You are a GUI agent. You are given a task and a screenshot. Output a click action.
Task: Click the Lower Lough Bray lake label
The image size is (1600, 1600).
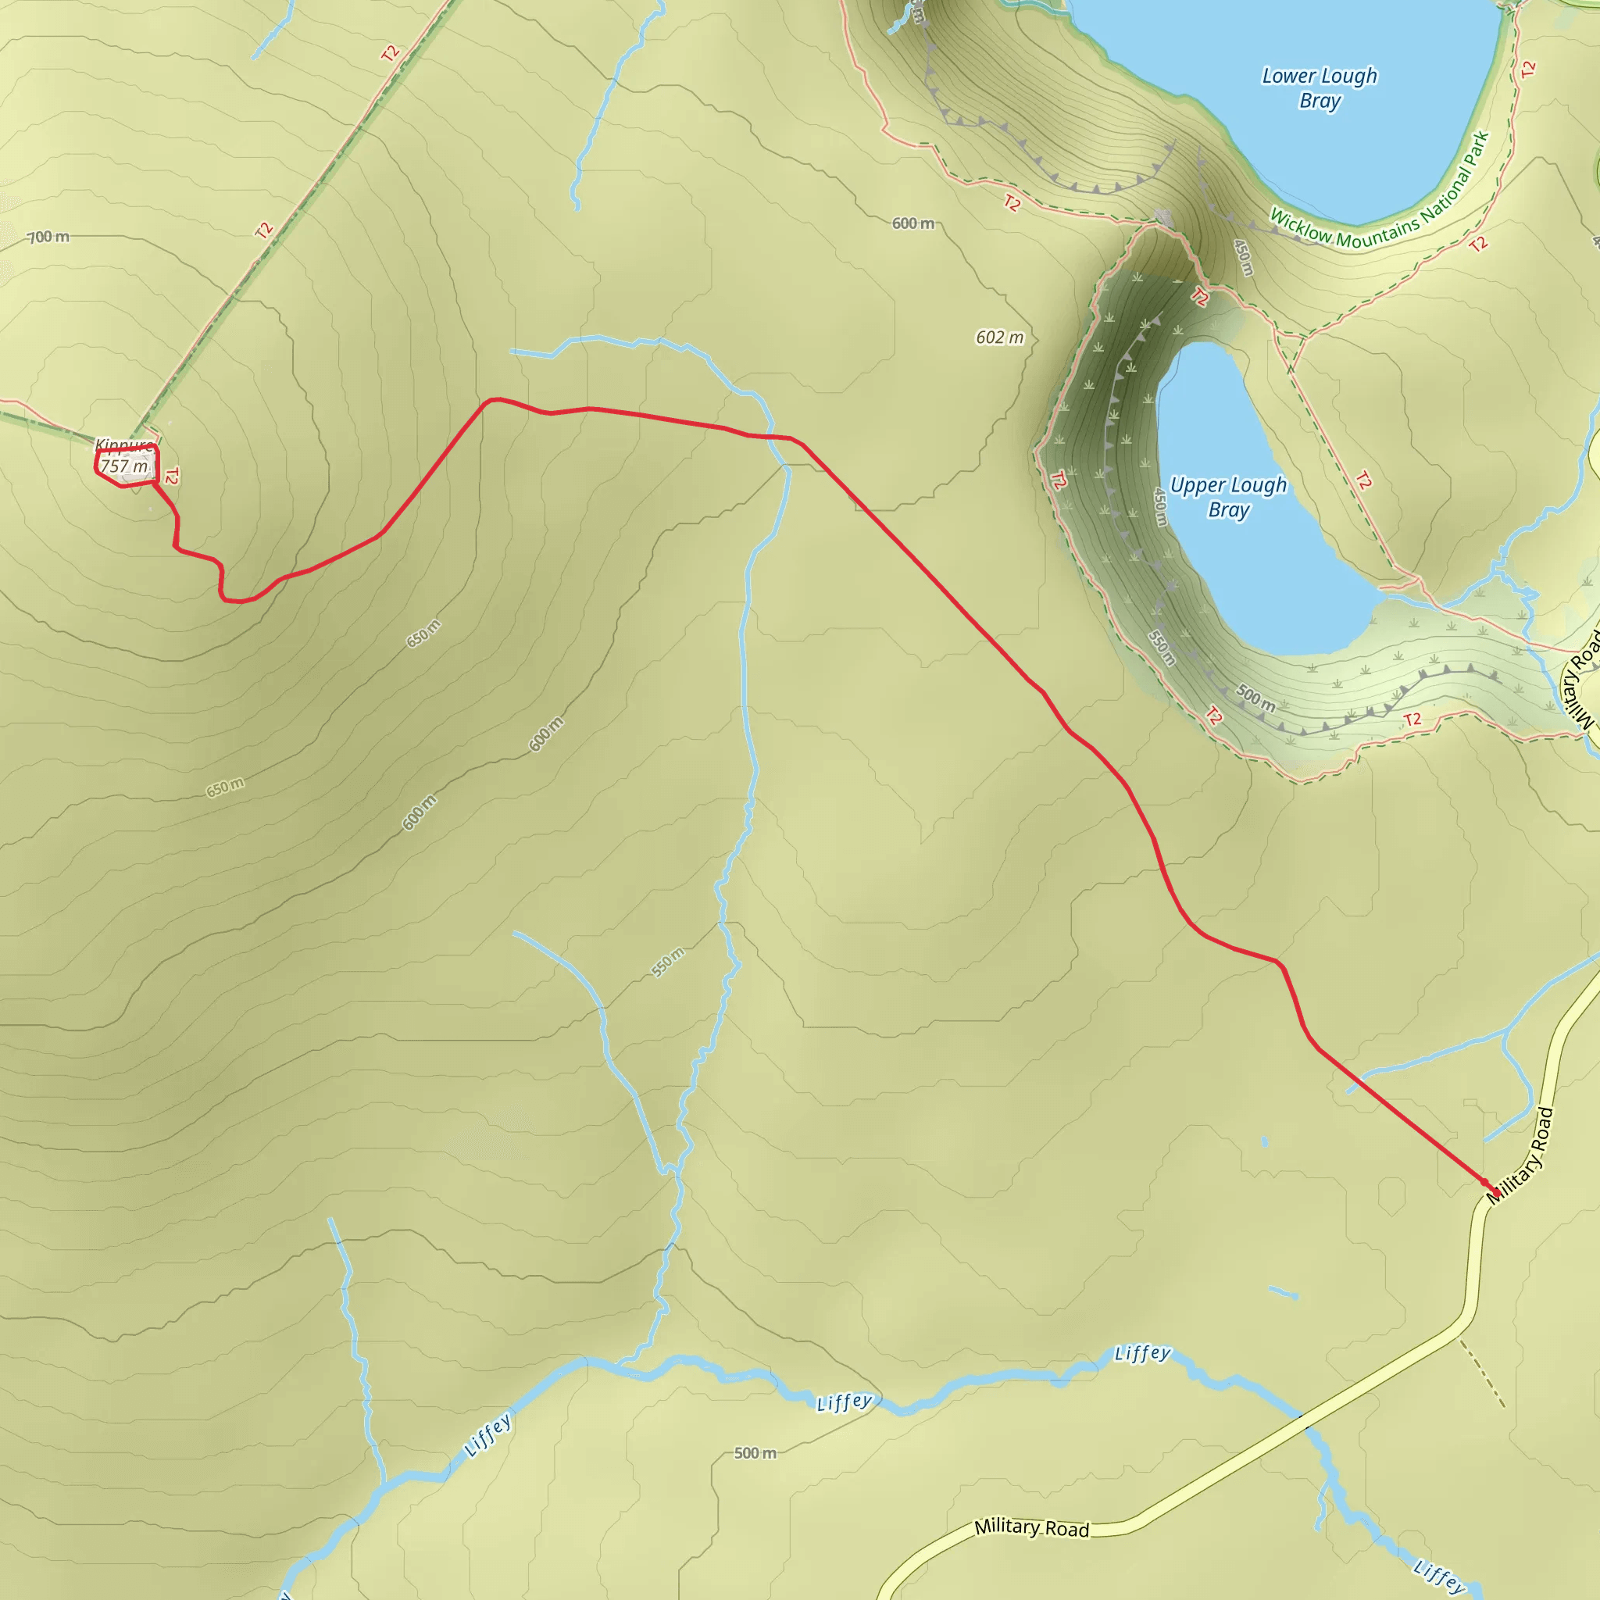(1320, 87)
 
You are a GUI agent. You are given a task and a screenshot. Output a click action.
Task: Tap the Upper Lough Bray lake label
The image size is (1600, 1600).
(1228, 497)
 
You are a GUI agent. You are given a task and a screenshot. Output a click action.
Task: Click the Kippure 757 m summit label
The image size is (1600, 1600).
(124, 457)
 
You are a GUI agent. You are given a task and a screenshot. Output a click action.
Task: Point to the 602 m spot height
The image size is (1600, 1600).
(999, 337)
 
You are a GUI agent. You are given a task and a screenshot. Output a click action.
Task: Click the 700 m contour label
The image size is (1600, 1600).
(49, 237)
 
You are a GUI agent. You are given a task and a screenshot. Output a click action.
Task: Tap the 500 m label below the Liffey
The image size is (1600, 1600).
(755, 1452)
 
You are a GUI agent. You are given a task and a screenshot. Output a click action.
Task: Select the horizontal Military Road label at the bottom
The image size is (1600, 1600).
(1031, 1527)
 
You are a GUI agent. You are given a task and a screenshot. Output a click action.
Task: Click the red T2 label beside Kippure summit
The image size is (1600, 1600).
(171, 477)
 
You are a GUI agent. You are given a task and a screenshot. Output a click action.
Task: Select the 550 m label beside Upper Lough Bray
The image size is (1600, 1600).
(1162, 648)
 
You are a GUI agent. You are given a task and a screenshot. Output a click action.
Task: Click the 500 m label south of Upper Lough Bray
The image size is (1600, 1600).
(1255, 698)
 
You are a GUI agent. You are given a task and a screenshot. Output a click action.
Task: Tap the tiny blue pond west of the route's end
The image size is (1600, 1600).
(1265, 1142)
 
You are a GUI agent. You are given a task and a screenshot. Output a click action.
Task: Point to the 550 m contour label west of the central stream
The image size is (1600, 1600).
(667, 962)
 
